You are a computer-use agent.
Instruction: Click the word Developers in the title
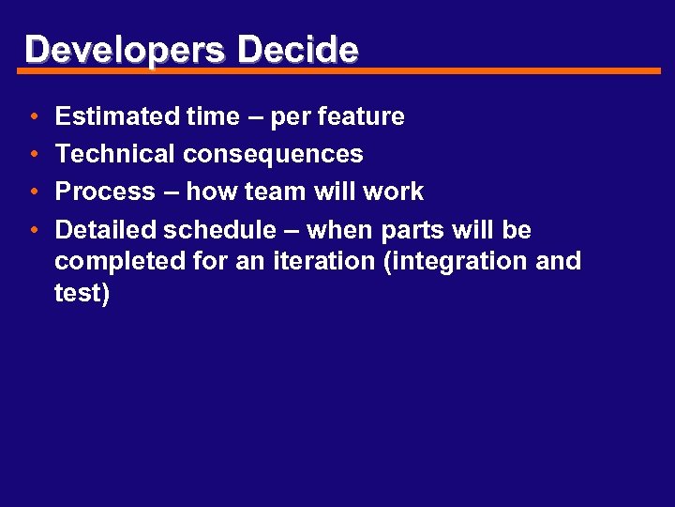point(125,50)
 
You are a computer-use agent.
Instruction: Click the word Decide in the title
point(297,50)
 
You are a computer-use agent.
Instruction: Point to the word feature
point(361,116)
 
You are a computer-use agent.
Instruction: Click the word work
point(392,192)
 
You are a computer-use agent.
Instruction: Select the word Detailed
point(106,230)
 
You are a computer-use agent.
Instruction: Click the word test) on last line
point(82,294)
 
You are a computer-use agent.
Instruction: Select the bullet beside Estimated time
point(33,117)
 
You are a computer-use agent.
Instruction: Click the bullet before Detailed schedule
point(33,231)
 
